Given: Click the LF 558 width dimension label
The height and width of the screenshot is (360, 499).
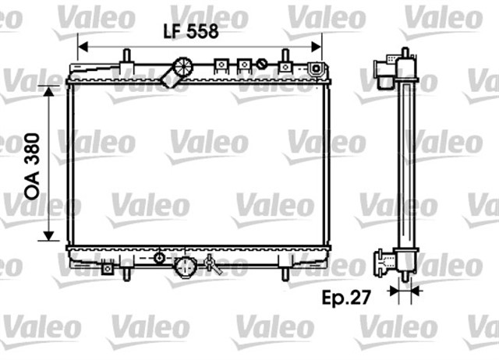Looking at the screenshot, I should (189, 31).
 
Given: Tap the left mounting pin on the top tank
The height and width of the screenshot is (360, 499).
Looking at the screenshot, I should (125, 58).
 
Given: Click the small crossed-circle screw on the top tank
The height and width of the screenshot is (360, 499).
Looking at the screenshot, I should (264, 65).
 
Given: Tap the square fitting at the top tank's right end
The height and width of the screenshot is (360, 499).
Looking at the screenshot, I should (315, 69).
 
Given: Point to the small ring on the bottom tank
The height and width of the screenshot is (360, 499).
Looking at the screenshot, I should (160, 257).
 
